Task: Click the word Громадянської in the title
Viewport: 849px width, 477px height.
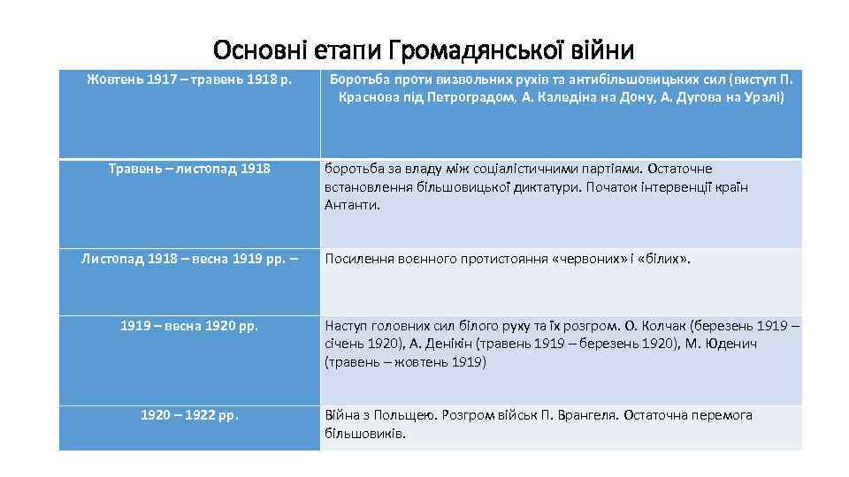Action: coord(466,49)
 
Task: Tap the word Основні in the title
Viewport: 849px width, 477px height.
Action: coord(257,49)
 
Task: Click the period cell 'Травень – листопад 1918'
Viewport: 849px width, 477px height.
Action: coord(189,168)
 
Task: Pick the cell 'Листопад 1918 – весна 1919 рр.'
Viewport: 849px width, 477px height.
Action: coord(189,259)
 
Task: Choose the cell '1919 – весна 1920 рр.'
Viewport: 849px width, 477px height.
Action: coord(189,326)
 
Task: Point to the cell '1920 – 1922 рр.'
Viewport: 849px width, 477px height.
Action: coord(189,414)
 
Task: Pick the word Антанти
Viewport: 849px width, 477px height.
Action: coord(351,204)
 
